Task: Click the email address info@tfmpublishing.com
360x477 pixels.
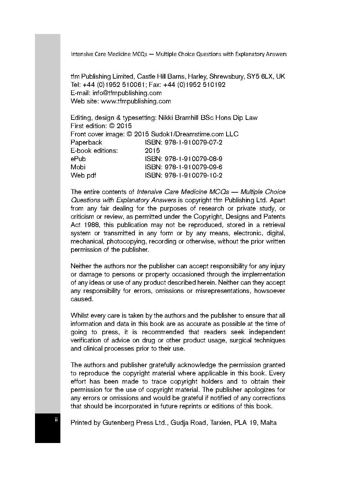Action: (x=127, y=93)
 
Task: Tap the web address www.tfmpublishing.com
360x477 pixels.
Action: (x=136, y=101)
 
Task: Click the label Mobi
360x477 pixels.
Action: (x=78, y=167)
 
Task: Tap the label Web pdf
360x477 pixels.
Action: (x=83, y=175)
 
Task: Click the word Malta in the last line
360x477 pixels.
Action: (x=268, y=423)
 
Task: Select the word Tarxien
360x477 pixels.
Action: (x=220, y=423)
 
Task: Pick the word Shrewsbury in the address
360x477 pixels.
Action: (x=226, y=77)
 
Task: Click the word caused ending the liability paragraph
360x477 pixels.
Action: (x=82, y=299)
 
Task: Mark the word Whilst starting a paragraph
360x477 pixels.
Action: (x=80, y=316)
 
